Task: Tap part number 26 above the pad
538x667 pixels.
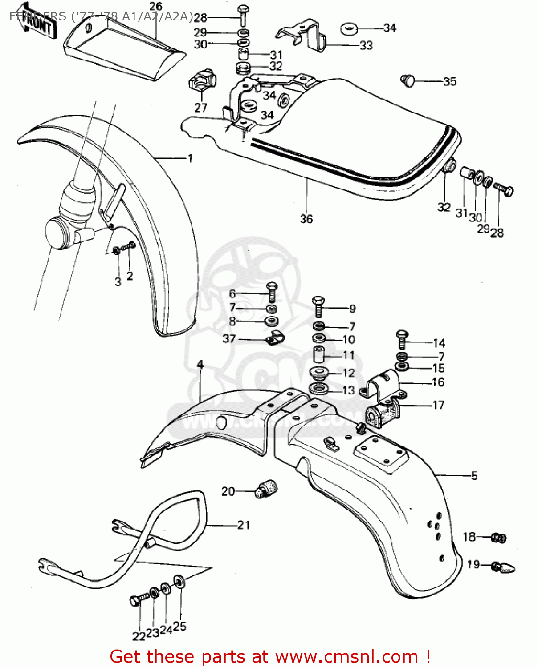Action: coord(156,7)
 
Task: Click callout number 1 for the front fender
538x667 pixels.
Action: coord(190,158)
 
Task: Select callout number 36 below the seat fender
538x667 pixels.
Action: coord(306,219)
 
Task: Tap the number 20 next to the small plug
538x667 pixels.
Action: coord(228,491)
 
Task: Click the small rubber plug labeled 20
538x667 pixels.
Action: coord(267,489)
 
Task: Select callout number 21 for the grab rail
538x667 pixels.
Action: coord(244,525)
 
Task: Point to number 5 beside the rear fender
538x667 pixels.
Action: coord(474,476)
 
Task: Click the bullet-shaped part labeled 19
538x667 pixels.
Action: coord(505,567)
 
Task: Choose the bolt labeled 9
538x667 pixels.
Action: coord(318,306)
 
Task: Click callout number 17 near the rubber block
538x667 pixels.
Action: coord(438,405)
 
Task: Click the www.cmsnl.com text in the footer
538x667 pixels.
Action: coord(346,657)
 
